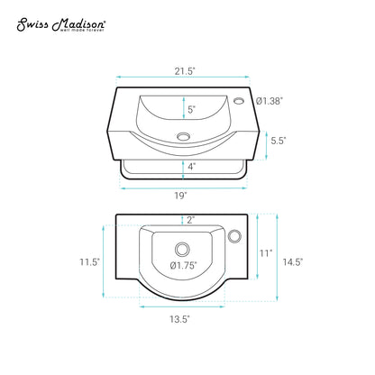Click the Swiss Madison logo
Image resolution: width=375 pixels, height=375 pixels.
61,25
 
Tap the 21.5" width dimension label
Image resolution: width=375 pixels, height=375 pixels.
185,71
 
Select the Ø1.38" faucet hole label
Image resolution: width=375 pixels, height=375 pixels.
270,101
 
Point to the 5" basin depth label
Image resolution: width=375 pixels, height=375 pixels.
191,109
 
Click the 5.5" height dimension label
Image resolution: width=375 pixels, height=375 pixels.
279,141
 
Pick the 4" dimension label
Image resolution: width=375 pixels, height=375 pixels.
192,167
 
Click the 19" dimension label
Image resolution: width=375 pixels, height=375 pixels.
180,196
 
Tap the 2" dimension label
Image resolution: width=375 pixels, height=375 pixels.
191,220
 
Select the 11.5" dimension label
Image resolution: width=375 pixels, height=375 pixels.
89,262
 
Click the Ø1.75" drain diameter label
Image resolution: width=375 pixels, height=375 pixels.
184,265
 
